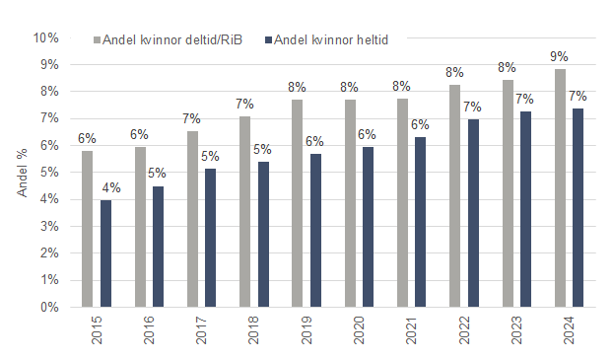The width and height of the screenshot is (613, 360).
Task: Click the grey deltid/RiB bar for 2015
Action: pyautogui.click(x=88, y=229)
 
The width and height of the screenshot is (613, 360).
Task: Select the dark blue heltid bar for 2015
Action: pyautogui.click(x=105, y=253)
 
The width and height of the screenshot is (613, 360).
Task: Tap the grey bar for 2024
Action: pyautogui.click(x=560, y=187)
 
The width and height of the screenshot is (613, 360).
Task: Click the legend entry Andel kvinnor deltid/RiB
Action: pyautogui.click(x=170, y=40)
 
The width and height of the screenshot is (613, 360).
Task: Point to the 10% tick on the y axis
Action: pyautogui.click(x=45, y=37)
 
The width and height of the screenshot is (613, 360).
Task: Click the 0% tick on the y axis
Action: pyautogui.click(x=48, y=307)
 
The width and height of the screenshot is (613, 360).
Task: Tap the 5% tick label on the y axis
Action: pyautogui.click(x=48, y=173)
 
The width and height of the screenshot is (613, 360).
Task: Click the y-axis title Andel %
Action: pyautogui.click(x=23, y=172)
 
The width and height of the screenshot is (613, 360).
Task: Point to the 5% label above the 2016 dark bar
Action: pyautogui.click(x=158, y=174)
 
